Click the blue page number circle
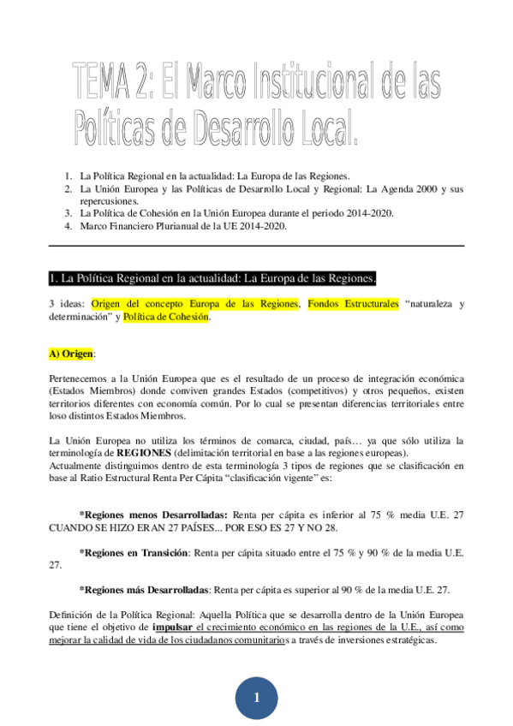(256, 698)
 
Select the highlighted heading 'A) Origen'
(73, 353)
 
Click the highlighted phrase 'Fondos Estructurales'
(353, 304)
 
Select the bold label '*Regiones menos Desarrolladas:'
(153, 515)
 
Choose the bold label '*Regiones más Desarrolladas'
(144, 590)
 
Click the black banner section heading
(212, 278)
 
